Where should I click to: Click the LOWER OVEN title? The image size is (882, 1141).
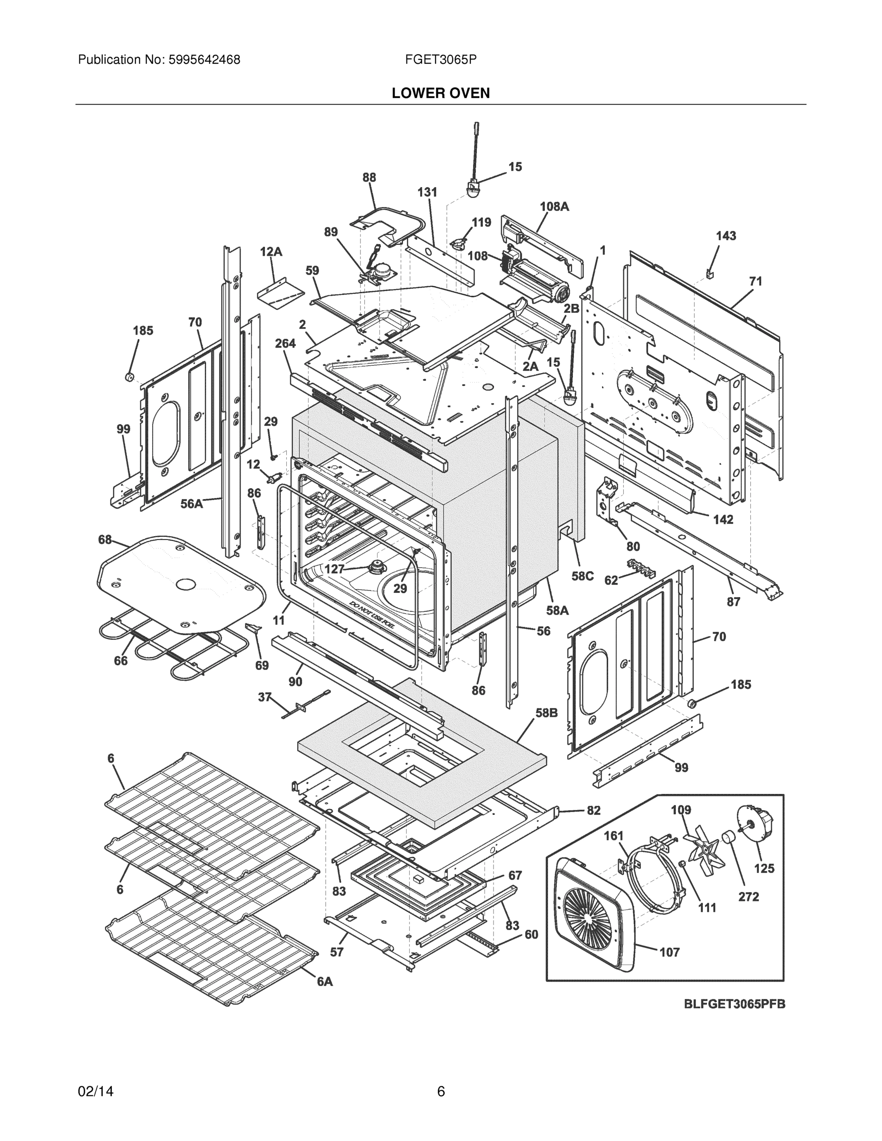[x=440, y=93]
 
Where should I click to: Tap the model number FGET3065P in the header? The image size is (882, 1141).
[x=440, y=59]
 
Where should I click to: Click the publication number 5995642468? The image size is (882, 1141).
[x=204, y=59]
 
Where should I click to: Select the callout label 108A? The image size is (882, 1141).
[x=554, y=206]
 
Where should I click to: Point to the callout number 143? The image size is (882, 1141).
[x=726, y=236]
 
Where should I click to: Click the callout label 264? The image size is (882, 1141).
[x=285, y=343]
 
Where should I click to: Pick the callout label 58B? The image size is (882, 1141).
[x=546, y=713]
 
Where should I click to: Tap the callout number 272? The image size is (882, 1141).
[x=748, y=897]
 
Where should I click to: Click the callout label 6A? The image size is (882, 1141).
[x=325, y=982]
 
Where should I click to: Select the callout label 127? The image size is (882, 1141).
[x=334, y=569]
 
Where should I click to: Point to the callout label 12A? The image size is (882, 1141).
[x=271, y=252]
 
